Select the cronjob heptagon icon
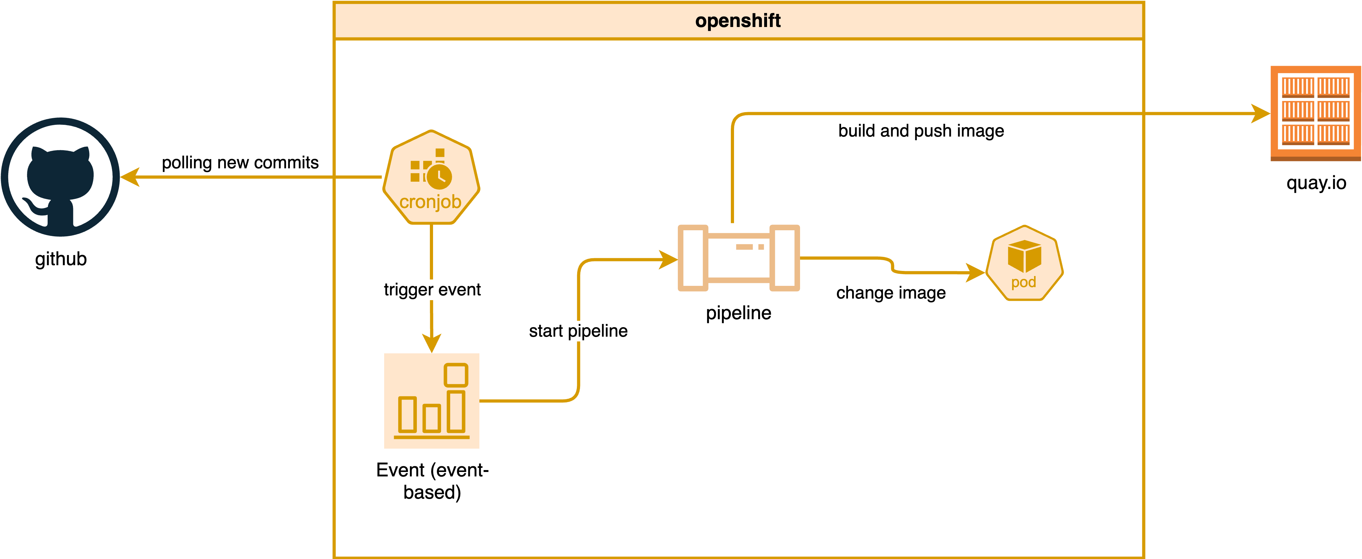click(431, 177)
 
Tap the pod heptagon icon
click(1024, 263)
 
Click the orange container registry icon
click(1315, 113)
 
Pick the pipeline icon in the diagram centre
click(739, 258)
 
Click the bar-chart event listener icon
click(431, 401)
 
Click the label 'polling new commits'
click(240, 162)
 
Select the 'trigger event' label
click(432, 290)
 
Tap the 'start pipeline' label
click(578, 331)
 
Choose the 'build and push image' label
click(921, 131)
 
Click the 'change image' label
click(891, 293)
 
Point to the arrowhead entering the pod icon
click(976, 273)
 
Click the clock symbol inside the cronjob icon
click(439, 177)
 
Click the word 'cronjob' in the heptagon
click(431, 202)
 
